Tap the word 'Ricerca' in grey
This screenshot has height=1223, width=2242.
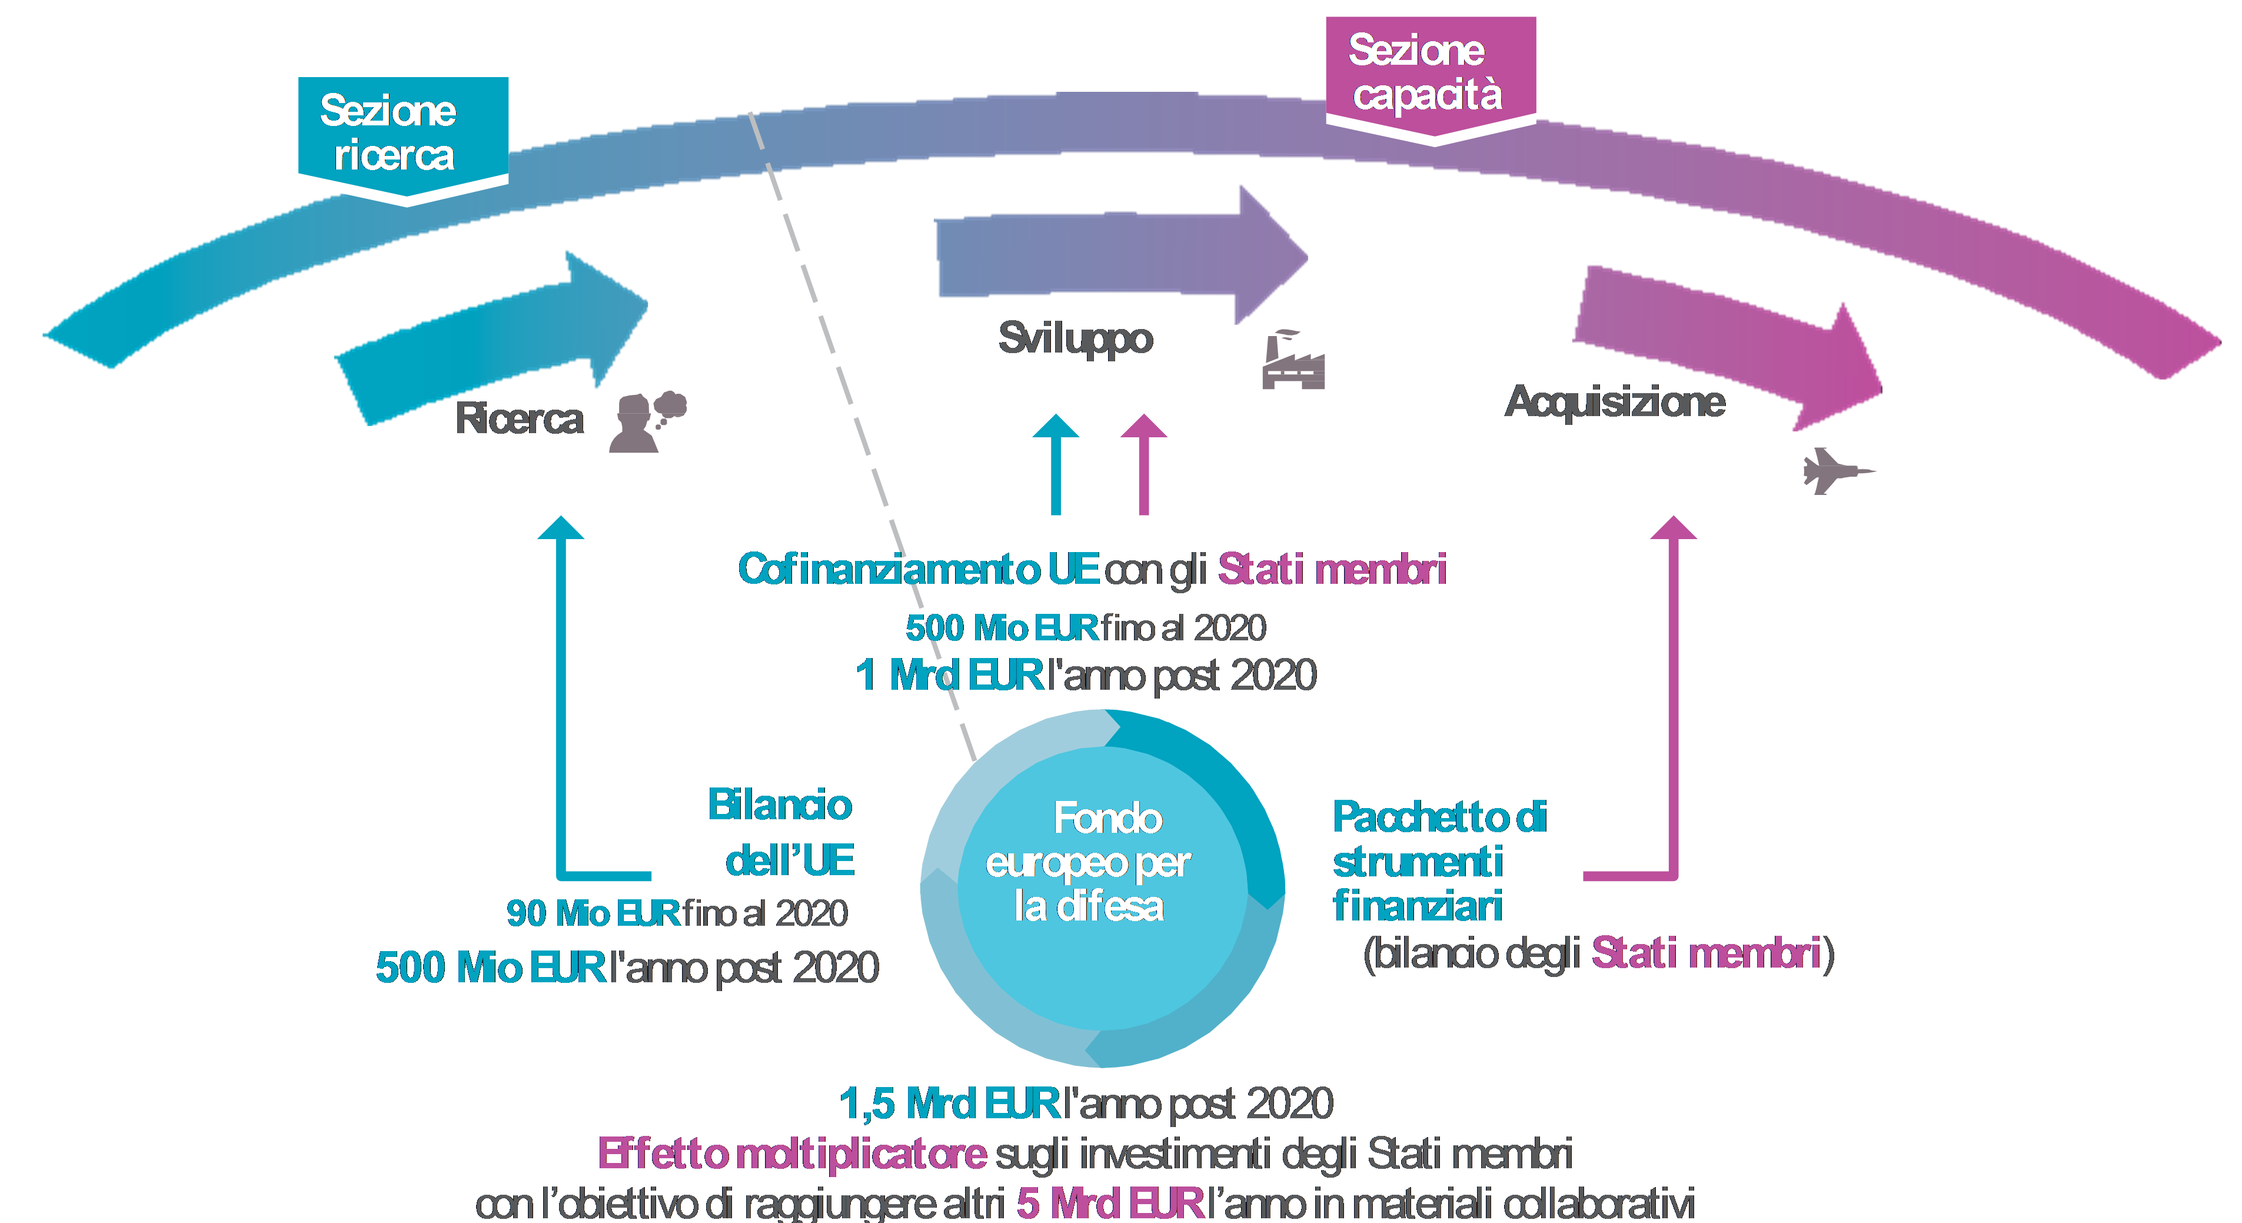(x=520, y=420)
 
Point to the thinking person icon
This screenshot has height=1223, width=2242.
(x=646, y=422)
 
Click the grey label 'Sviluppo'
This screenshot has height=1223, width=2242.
(x=1076, y=338)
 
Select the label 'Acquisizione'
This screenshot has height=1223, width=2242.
(x=1615, y=402)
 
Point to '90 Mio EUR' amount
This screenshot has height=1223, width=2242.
(x=593, y=913)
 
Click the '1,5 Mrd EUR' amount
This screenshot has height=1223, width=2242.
(x=949, y=1104)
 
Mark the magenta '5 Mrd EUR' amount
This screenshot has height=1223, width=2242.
(x=1110, y=1204)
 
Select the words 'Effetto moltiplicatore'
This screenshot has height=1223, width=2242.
(x=792, y=1154)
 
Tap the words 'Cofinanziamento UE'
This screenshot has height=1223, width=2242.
(x=918, y=569)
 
